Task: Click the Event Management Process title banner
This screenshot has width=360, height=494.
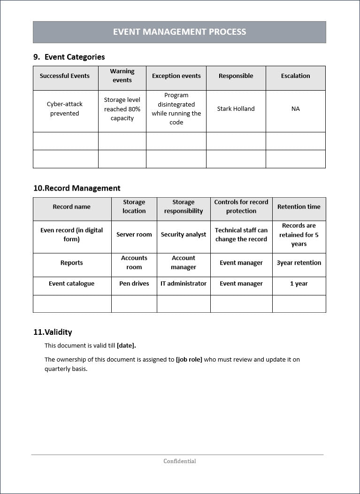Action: pyautogui.click(x=179, y=32)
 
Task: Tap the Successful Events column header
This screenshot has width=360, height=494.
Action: pyautogui.click(x=65, y=76)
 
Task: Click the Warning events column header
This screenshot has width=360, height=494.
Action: pyautogui.click(x=122, y=76)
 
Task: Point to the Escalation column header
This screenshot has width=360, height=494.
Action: pyautogui.click(x=295, y=76)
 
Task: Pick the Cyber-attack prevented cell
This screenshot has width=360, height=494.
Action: pyautogui.click(x=65, y=109)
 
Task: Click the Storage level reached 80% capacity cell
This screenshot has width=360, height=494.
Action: pyautogui.click(x=122, y=109)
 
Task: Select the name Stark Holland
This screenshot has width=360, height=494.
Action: pyautogui.click(x=236, y=109)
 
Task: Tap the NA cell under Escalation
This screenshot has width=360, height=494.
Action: pyautogui.click(x=295, y=109)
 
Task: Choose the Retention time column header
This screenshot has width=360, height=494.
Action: pyautogui.click(x=299, y=207)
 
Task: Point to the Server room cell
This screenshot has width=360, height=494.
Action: pyautogui.click(x=134, y=235)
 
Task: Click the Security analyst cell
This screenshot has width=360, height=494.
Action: pyautogui.click(x=183, y=235)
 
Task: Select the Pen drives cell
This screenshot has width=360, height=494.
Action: pyautogui.click(x=134, y=284)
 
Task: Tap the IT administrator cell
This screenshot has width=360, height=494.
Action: pyautogui.click(x=183, y=284)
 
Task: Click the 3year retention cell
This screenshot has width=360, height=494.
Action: pyautogui.click(x=299, y=263)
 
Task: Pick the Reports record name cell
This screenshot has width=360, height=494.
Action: pyautogui.click(x=71, y=263)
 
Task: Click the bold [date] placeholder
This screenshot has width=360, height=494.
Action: pyautogui.click(x=126, y=346)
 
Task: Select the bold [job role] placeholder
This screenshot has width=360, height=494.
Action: pyautogui.click(x=189, y=360)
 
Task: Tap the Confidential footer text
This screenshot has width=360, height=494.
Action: pyautogui.click(x=179, y=461)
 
